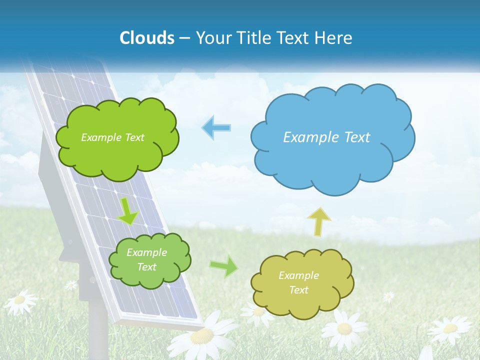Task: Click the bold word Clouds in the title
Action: pyautogui.click(x=147, y=37)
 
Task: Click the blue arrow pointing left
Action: pyautogui.click(x=216, y=127)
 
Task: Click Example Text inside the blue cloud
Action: pyautogui.click(x=326, y=137)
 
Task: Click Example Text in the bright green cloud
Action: pyautogui.click(x=112, y=137)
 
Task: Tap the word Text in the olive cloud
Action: pyautogui.click(x=298, y=290)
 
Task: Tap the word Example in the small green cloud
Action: pyautogui.click(x=146, y=252)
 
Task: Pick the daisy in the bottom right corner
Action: pyautogui.click(x=449, y=328)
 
